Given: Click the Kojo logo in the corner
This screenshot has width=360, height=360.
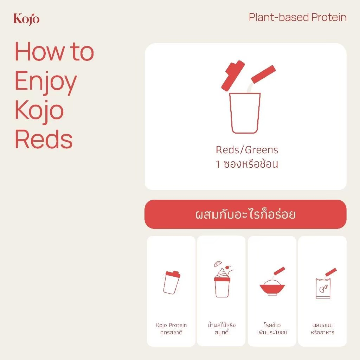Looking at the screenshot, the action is point(26,19).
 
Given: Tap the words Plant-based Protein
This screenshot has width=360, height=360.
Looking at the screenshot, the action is point(297,18).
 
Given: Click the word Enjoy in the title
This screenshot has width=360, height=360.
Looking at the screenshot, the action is point(46,82).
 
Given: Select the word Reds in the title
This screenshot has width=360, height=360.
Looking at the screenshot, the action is point(44,139).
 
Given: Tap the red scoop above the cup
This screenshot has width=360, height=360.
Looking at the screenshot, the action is point(232,76).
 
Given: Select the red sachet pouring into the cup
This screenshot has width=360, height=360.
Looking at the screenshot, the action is point(263,74).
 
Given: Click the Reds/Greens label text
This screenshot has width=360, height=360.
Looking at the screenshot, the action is point(247,150).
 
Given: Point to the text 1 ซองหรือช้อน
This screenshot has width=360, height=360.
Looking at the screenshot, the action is point(247,164).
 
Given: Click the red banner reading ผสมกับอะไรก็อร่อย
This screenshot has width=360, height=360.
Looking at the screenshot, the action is point(245,214).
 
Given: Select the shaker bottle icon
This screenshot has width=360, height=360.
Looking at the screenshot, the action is point(172,282).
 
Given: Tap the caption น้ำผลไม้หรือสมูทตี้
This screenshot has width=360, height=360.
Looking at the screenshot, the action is point(221,329).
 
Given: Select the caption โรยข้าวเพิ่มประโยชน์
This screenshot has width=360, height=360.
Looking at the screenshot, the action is point(272,329).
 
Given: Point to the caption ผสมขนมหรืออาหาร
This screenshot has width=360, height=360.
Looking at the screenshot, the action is point(322,329).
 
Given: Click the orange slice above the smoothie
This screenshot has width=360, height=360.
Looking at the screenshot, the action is point(218,264).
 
